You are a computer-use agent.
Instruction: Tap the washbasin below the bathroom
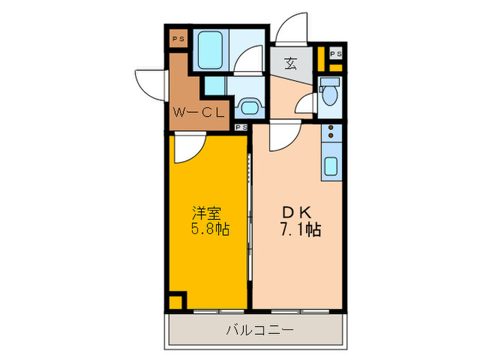[x=248, y=107]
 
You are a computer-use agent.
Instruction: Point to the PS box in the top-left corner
[x=178, y=38]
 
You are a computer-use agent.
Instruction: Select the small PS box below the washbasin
[x=241, y=127]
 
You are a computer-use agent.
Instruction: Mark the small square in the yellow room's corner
[x=176, y=300]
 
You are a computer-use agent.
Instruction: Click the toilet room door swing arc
[x=307, y=105]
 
